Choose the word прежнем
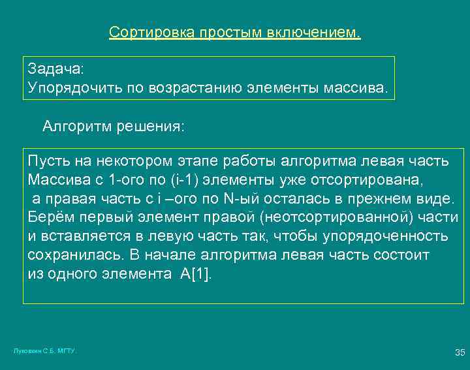(384, 198)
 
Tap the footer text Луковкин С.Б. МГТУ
(45, 351)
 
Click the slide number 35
(460, 353)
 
